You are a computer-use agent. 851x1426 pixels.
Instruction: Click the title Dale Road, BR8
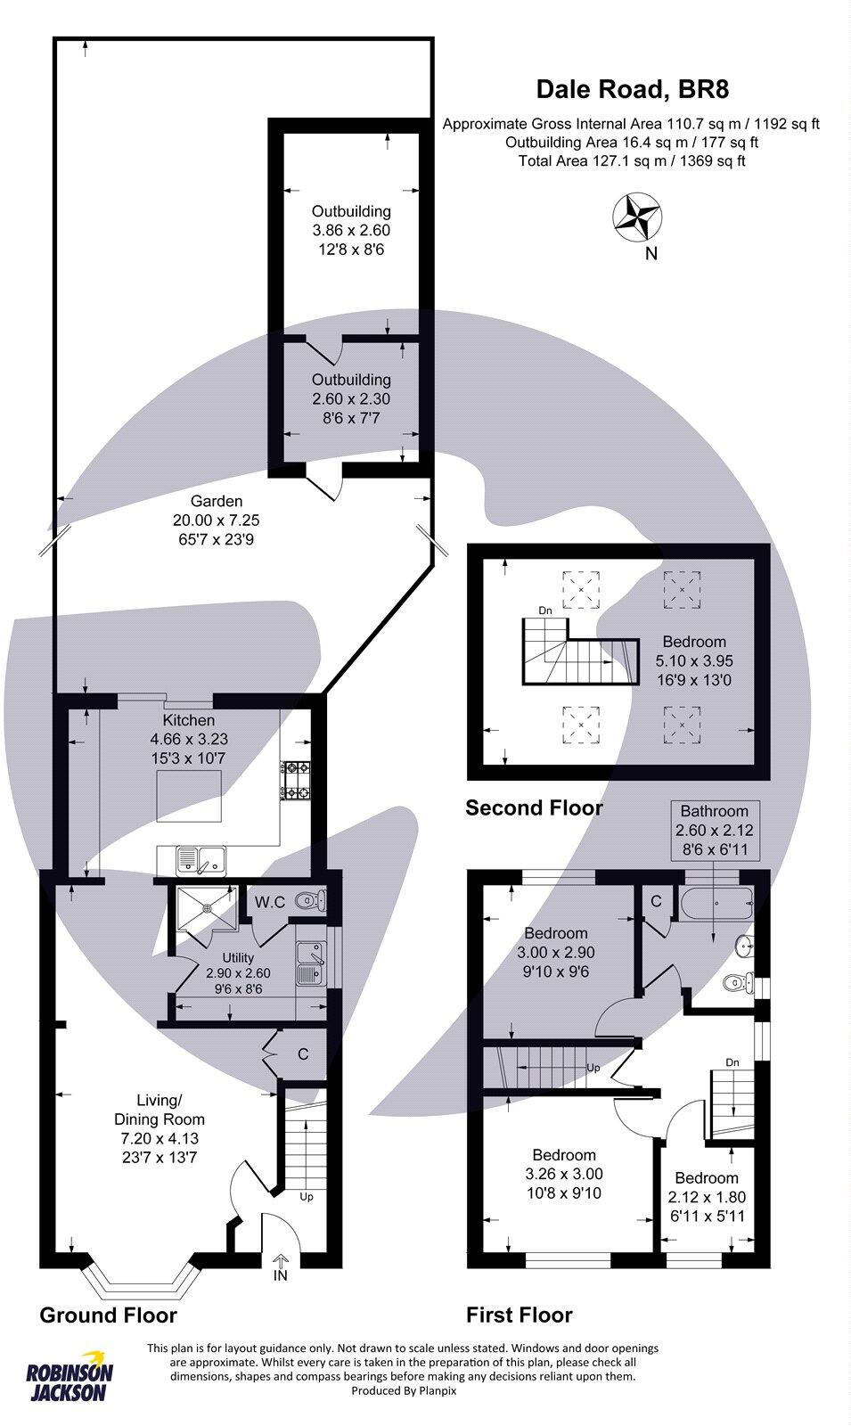pos(632,89)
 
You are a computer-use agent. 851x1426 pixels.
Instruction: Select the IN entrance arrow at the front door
pos(281,1266)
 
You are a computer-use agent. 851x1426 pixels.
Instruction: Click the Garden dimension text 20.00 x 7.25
pos(216,520)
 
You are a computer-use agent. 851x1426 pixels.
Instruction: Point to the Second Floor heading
pos(534,808)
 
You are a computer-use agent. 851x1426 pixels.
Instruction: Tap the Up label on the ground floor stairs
pos(306,1197)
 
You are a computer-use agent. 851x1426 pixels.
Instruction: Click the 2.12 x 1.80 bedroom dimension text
pos(706,1197)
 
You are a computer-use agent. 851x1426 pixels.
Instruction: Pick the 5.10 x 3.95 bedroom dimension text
pos(694,661)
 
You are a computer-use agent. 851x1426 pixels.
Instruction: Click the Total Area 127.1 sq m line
pos(632,160)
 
